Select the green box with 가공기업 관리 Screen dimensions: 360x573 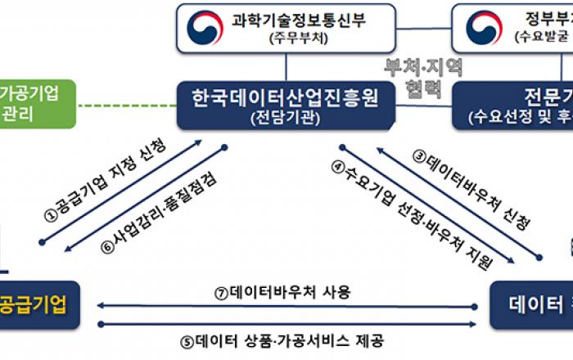coord(37,102)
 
